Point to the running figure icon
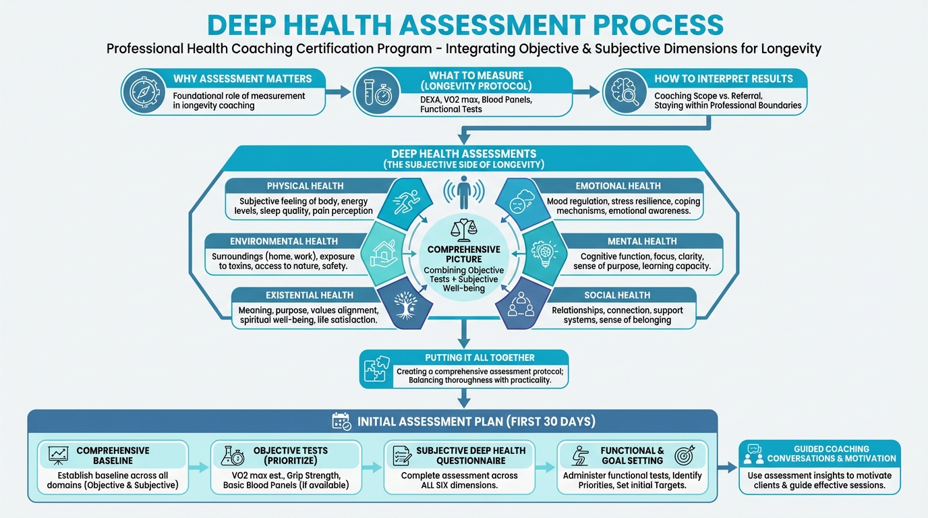406,200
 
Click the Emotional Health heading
618,185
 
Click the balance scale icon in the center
463,229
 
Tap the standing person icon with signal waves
463,192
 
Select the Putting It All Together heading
480,357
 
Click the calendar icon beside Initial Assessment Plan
342,422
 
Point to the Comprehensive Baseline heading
113,455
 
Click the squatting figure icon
580,456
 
